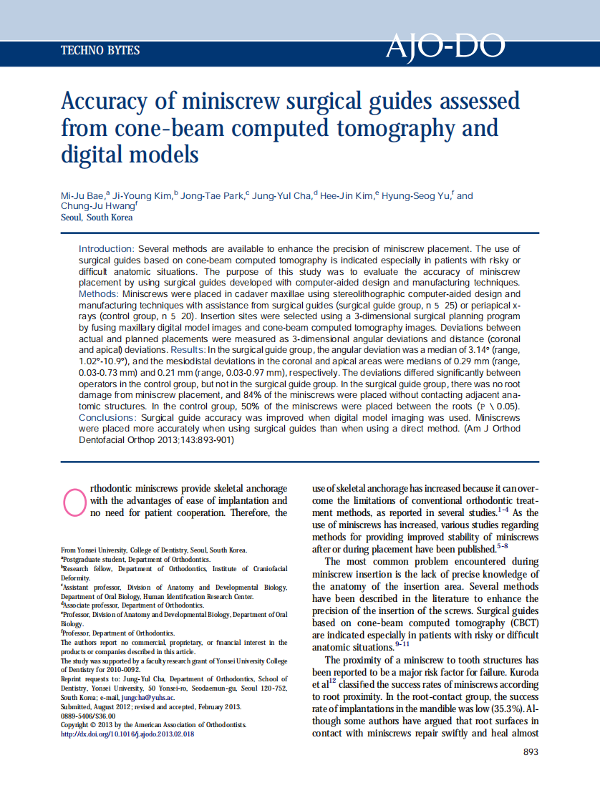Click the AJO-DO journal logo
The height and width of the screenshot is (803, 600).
(x=445, y=47)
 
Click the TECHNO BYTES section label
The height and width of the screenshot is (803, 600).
(x=100, y=51)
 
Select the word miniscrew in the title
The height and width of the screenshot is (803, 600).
(x=231, y=101)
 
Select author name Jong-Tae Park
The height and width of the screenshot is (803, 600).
(x=212, y=196)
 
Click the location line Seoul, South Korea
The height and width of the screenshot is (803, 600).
(x=97, y=218)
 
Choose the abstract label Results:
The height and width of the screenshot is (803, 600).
(x=187, y=350)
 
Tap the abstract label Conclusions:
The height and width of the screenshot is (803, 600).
(x=107, y=417)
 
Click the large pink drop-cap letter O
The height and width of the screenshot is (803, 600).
(x=74, y=500)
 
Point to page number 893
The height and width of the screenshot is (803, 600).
(x=531, y=752)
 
